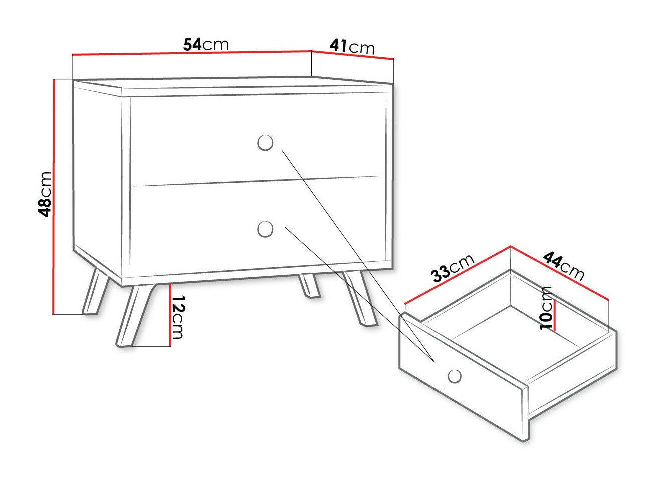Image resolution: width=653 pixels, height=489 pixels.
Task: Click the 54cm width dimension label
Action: pos(205,44)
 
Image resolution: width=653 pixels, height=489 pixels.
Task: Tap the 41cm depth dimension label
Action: pos(352,47)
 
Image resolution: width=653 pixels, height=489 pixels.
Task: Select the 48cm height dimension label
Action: pos(45,193)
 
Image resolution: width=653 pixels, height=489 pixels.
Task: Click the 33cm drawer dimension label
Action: pos(453,269)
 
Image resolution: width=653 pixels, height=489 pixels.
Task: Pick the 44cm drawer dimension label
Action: pos(564,266)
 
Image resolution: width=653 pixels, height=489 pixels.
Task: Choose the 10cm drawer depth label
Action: pos(546,308)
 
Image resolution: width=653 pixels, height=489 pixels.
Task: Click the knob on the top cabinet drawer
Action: pos(265,142)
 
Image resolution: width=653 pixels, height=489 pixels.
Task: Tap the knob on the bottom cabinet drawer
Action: pos(265,229)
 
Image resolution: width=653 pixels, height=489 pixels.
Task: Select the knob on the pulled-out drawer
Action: pos(455,375)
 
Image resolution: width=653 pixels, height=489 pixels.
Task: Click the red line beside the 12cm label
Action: pos(170,315)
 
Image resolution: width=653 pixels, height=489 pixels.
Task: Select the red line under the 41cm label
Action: pos(353,55)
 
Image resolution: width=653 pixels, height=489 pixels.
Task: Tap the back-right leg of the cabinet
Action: pos(309,287)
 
